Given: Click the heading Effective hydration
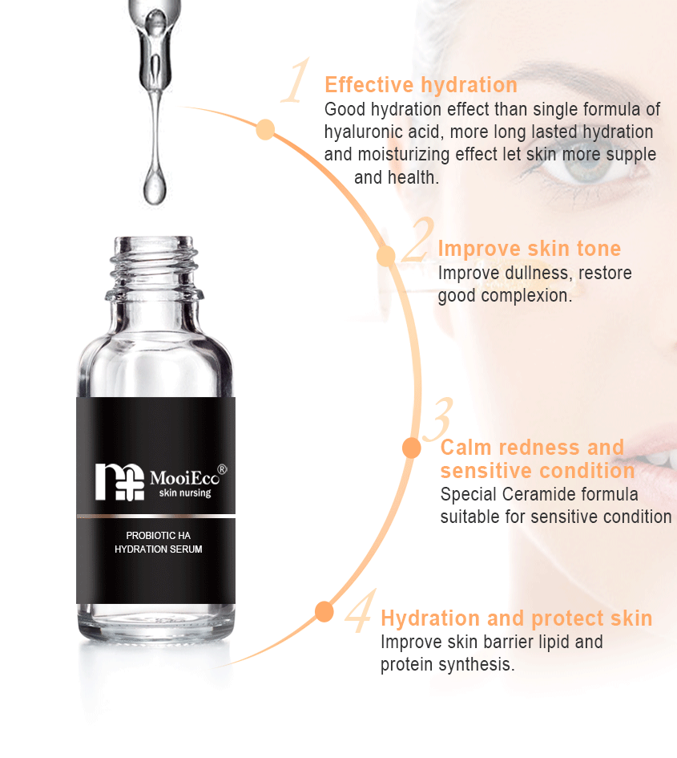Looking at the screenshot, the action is tap(421, 85).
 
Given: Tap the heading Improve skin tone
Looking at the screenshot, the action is tap(530, 249).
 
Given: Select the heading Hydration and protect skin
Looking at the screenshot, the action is tap(516, 618).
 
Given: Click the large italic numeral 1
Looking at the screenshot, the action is tap(296, 80).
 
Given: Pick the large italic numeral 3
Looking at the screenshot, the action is tap(438, 420).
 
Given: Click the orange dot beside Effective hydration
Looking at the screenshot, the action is tap(265, 130).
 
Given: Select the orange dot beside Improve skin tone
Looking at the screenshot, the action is tap(386, 256).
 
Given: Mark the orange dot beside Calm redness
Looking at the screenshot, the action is tap(412, 448).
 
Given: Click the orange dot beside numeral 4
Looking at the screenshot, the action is tap(324, 611).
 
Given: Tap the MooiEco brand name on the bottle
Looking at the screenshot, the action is tap(184, 478).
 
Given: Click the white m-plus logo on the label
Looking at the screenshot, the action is tap(119, 482).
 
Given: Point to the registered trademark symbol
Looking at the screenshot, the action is tap(222, 468).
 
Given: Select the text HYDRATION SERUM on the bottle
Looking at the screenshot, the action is tap(159, 549).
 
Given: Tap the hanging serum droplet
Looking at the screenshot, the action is tap(155, 186).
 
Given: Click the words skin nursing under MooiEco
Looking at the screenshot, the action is tap(185, 493).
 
